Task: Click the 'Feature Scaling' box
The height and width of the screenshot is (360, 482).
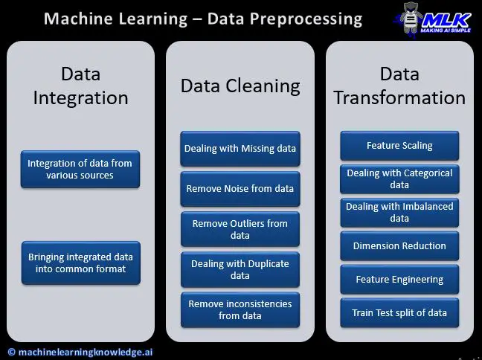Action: [399, 146]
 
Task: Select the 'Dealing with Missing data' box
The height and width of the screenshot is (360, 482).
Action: [240, 149]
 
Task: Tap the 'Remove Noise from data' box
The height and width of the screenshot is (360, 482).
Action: [240, 189]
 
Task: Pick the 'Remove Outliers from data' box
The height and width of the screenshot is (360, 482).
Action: [240, 229]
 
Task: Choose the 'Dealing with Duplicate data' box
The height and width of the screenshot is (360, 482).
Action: [240, 269]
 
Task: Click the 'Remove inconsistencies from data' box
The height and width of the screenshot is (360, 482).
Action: [240, 309]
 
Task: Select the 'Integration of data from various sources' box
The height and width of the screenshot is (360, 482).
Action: [80, 169]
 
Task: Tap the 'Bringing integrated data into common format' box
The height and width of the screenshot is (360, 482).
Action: [81, 263]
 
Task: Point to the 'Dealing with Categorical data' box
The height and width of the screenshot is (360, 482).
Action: [399, 179]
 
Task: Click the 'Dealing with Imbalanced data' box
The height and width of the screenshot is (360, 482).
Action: [399, 213]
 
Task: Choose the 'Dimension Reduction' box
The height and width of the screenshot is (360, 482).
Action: [399, 246]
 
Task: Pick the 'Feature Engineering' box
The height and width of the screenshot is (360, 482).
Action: [399, 280]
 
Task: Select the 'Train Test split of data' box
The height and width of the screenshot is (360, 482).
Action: [399, 312]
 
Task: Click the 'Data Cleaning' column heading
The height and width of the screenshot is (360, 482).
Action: [240, 86]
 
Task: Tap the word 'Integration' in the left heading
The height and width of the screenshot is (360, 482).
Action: [80, 98]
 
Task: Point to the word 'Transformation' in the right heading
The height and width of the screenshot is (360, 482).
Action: [399, 97]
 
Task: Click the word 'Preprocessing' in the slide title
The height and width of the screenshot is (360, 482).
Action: [306, 19]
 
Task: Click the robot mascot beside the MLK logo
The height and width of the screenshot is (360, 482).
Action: [411, 19]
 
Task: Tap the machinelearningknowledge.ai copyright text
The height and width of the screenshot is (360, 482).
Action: [80, 352]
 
